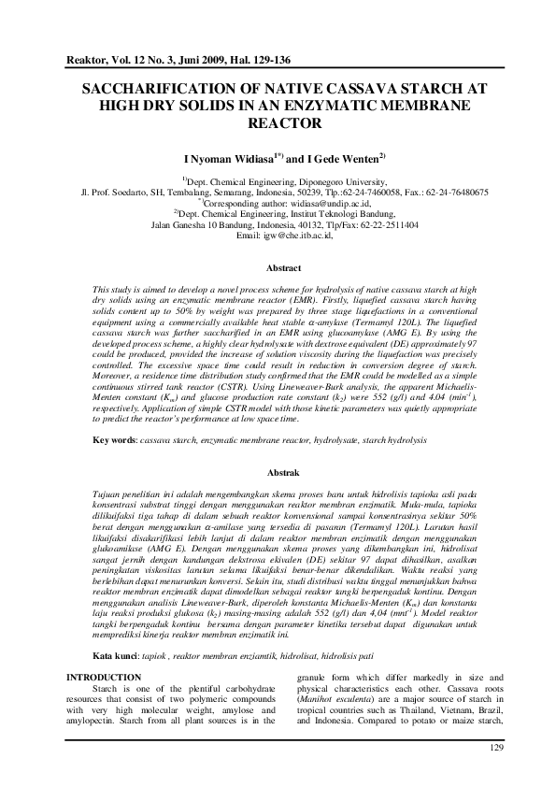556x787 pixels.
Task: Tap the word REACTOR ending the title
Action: pyautogui.click(x=278, y=122)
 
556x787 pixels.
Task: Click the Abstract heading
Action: pyautogui.click(x=278, y=267)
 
